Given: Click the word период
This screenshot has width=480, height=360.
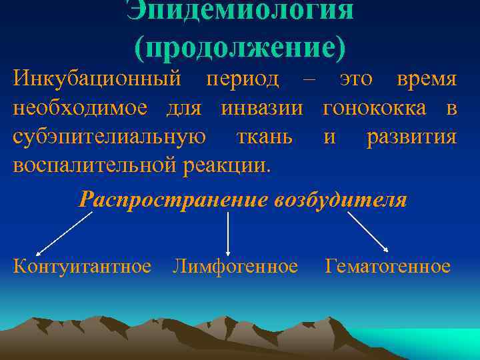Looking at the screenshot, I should (x=243, y=79).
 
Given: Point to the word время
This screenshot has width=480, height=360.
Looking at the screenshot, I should (x=427, y=79).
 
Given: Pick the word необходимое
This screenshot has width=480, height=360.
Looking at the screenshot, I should (x=74, y=108).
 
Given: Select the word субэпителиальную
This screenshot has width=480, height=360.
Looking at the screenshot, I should (x=109, y=137).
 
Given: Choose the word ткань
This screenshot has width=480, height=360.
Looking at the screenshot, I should (x=264, y=137).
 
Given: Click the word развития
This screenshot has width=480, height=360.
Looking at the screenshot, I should (x=411, y=137).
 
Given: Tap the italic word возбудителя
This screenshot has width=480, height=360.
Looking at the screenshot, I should (x=340, y=199).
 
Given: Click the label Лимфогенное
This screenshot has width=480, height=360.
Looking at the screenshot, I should (x=235, y=267).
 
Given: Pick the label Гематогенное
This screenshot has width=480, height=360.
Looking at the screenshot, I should (x=387, y=267).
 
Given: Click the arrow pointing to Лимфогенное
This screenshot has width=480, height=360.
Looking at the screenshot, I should (x=229, y=233).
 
